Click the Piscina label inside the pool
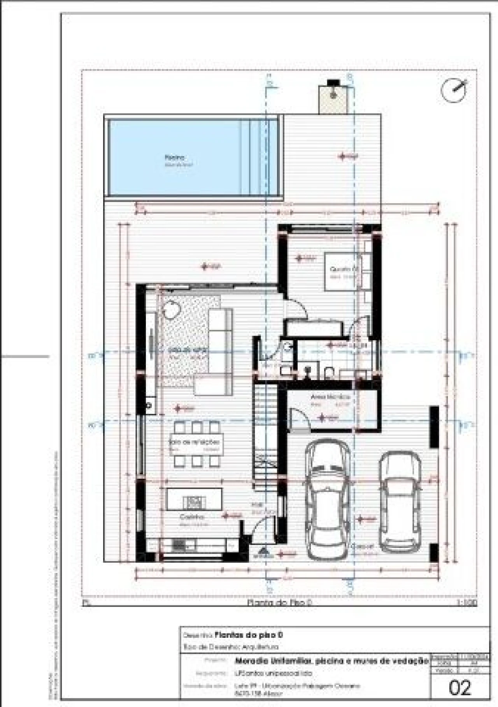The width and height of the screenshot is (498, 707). point(174,158)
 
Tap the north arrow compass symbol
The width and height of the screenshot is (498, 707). point(454,90)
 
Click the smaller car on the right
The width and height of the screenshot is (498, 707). point(400,502)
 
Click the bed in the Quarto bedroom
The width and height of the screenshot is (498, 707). point(342,271)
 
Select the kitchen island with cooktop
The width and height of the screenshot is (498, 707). point(194,499)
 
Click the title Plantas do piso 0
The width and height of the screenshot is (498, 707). point(249,635)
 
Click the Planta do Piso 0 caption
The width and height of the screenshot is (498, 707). point(280,603)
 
